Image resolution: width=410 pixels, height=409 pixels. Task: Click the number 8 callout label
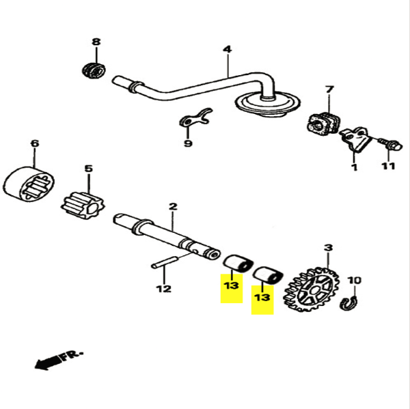pos(96,42)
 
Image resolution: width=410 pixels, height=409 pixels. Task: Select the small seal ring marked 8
pos(93,69)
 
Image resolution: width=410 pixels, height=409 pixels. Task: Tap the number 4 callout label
pos(227,49)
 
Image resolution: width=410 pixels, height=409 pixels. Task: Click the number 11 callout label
pos(388,167)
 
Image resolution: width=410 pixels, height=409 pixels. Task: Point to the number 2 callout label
pos(173,206)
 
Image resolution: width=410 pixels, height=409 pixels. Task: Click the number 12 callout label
pos(163,289)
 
